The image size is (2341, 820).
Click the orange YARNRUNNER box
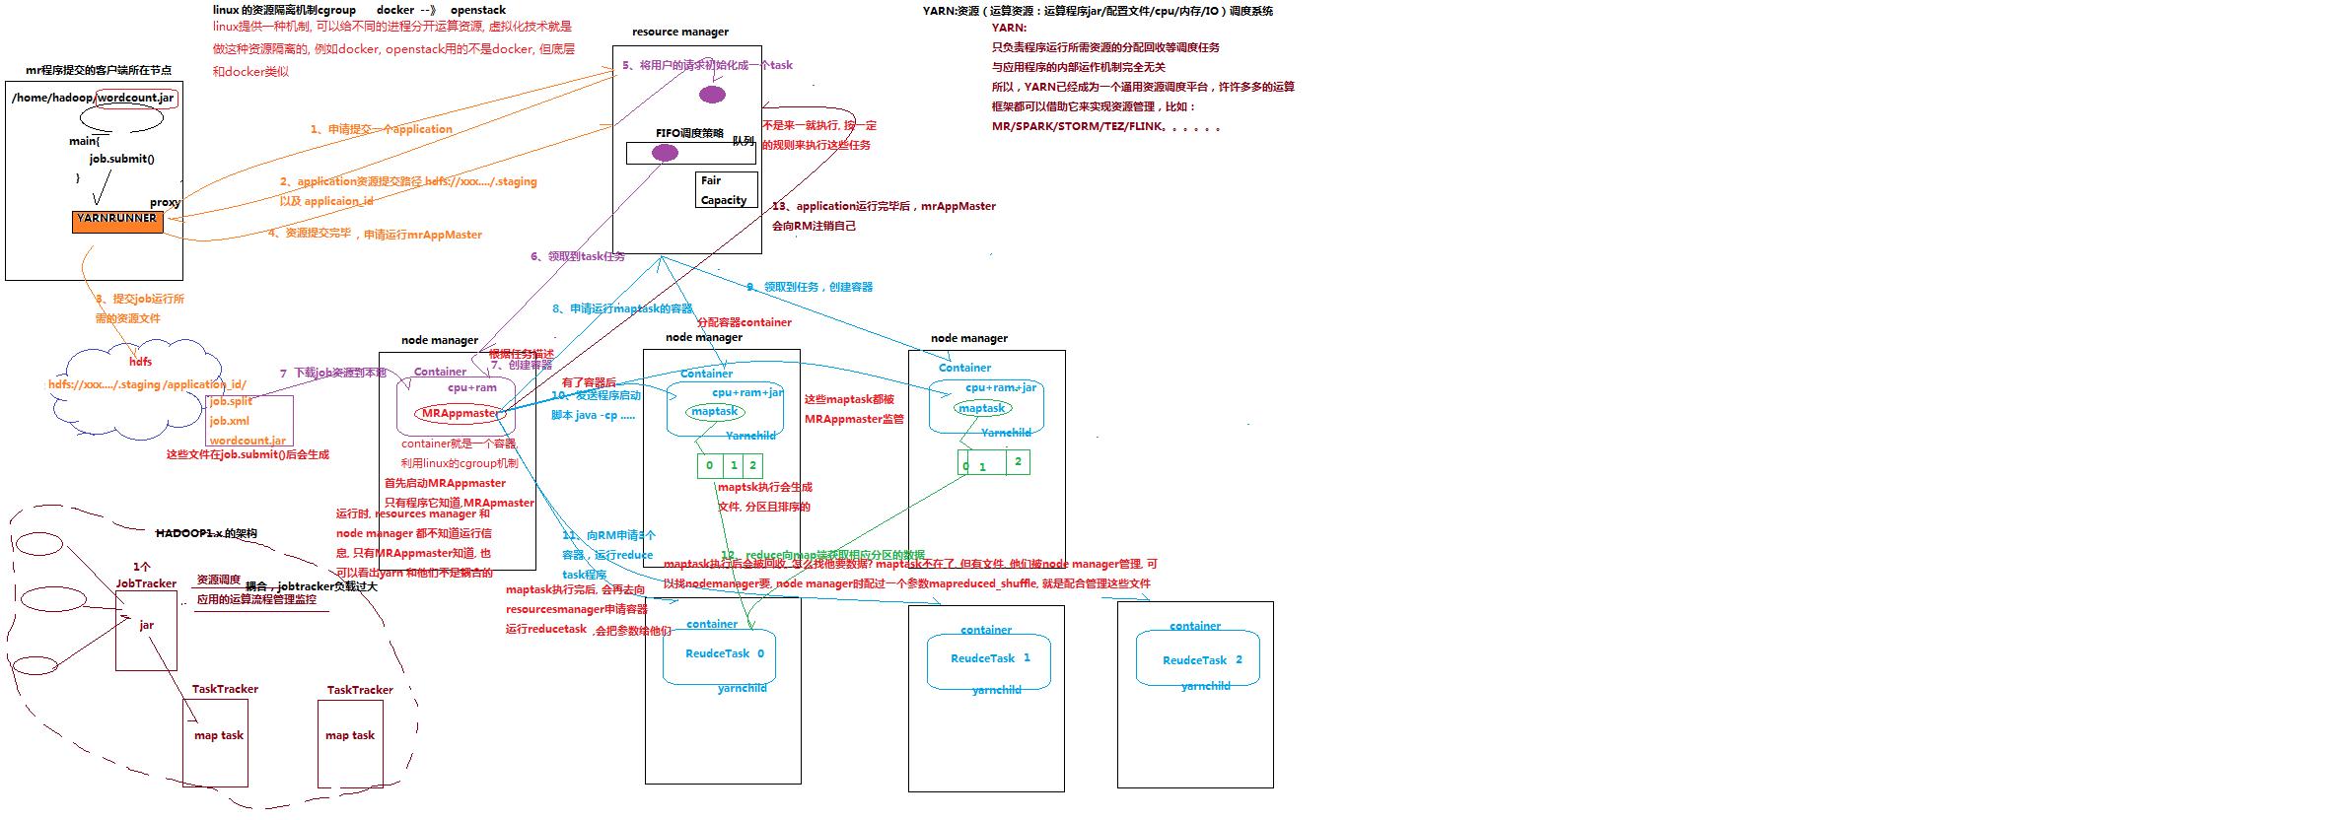coord(116,221)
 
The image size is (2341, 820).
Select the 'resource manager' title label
coord(680,32)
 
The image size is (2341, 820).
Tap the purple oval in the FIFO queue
coord(665,153)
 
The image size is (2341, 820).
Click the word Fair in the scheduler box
coord(711,180)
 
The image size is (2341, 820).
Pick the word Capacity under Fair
coord(723,200)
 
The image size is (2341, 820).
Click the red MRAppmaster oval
coord(461,414)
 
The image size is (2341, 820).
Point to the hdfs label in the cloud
coord(140,362)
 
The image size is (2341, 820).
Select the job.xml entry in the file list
coord(229,421)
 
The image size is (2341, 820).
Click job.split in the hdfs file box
coord(231,401)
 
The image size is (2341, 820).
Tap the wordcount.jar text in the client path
coord(136,98)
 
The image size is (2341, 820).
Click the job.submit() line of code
coord(121,159)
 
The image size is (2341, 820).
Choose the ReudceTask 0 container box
coord(719,655)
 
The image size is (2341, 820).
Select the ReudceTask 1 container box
coord(988,659)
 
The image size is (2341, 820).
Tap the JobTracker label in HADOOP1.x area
coord(146,583)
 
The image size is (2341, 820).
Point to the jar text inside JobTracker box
coord(146,625)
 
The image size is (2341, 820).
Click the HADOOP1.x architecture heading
coord(206,533)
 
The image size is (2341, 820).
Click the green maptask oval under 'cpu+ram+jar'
coord(715,412)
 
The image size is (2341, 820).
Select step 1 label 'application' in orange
coord(381,129)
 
